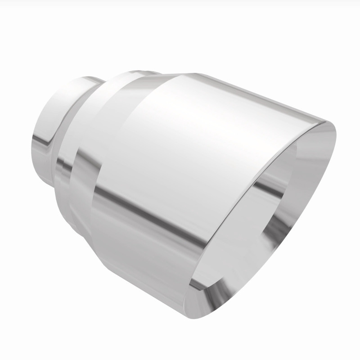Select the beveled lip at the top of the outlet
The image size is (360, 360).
tap(310, 135)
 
